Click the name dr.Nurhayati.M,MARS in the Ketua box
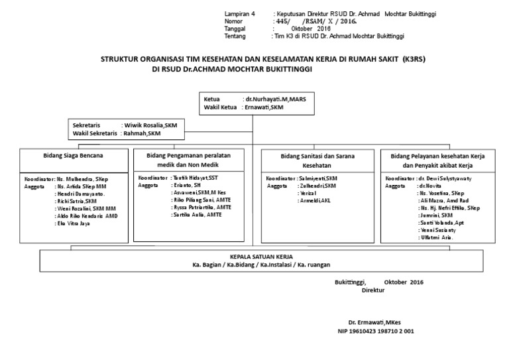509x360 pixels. [280, 98]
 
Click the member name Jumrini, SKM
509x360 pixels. [437, 215]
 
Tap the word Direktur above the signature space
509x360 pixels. [372, 290]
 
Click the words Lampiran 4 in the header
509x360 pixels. [239, 13]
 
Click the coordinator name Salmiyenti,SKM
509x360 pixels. [319, 179]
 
